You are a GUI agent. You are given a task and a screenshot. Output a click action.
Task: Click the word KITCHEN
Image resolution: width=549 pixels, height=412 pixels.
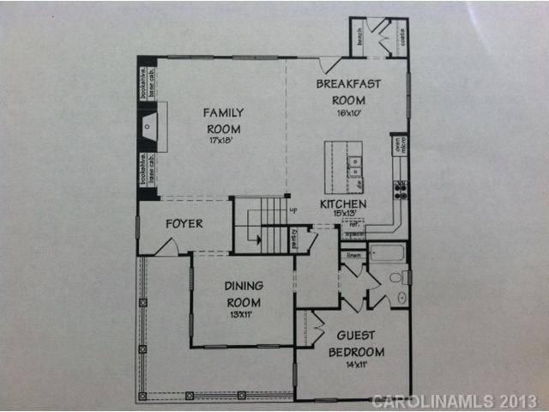pyautogui.click(x=343, y=204)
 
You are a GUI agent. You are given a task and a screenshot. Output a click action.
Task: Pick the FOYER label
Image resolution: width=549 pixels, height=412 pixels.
pyautogui.click(x=184, y=224)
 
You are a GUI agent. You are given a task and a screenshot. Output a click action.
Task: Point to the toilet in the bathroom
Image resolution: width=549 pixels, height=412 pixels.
pyautogui.click(x=396, y=277)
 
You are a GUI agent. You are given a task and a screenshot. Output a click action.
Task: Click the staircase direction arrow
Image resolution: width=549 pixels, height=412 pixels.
pyautogui.click(x=248, y=238)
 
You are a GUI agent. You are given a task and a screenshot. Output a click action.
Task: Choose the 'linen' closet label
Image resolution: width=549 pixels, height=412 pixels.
pyautogui.click(x=353, y=255)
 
